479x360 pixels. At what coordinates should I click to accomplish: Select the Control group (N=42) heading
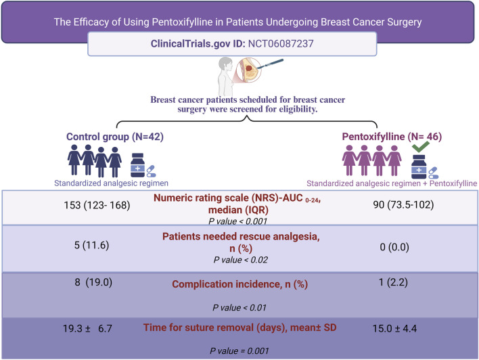[115, 135]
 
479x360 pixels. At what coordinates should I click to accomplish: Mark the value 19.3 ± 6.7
[91, 327]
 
